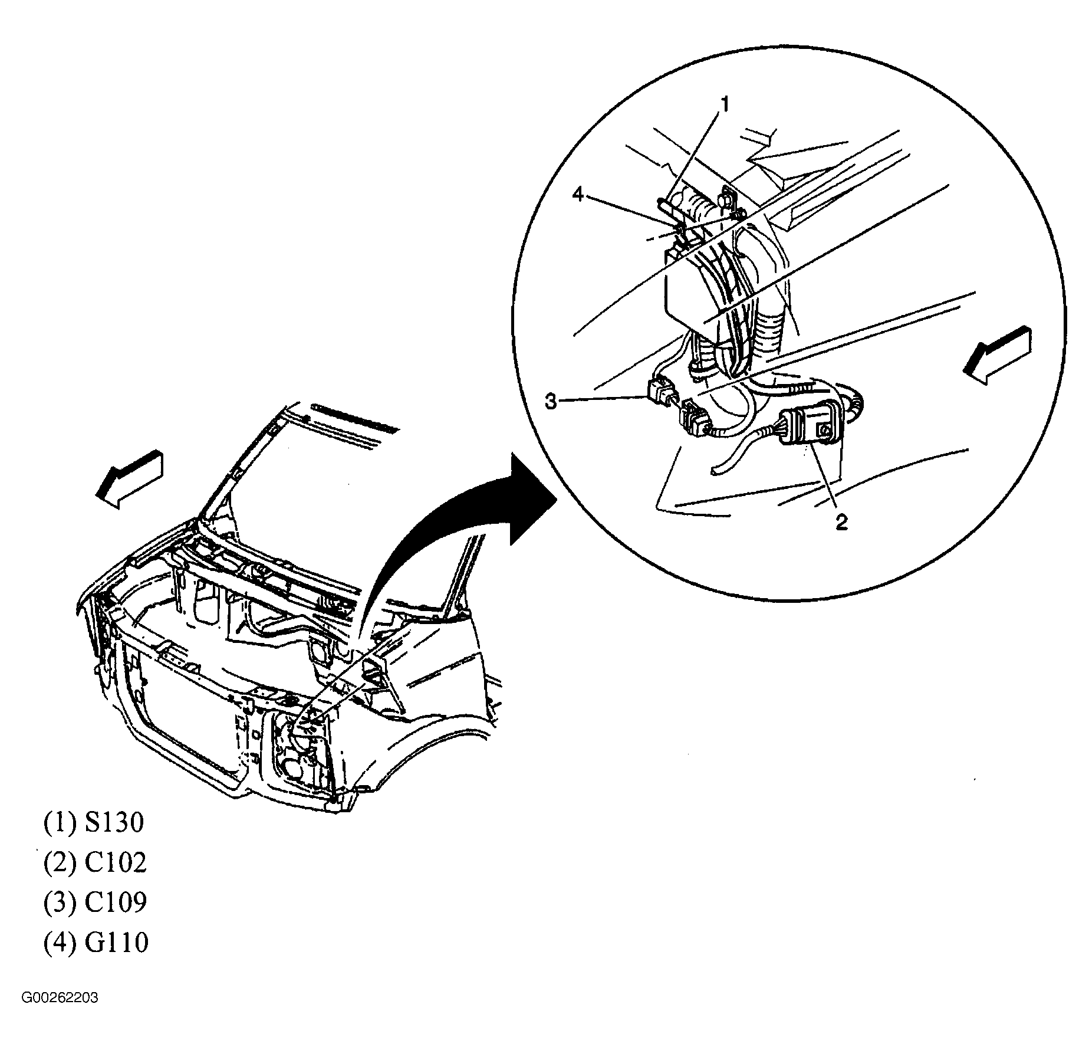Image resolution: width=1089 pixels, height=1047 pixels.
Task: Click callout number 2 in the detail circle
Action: (x=841, y=521)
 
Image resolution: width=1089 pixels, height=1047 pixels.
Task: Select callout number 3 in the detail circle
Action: (x=550, y=402)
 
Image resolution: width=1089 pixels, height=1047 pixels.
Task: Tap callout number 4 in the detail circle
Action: (x=578, y=194)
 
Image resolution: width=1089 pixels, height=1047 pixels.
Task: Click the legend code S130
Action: (x=114, y=822)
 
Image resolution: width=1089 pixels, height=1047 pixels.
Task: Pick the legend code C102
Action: (x=115, y=862)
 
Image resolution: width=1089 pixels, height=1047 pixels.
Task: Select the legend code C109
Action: (x=115, y=902)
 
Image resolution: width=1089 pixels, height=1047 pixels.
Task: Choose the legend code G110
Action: (x=116, y=942)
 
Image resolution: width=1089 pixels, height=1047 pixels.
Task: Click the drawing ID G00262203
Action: (x=60, y=998)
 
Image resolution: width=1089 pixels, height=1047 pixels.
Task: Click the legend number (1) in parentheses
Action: (x=60, y=823)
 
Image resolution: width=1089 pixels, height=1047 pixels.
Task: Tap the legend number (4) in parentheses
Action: (x=60, y=942)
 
